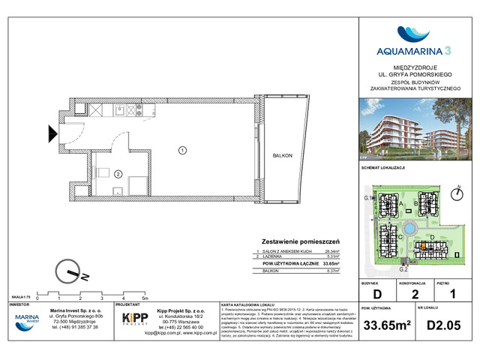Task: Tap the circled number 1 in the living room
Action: click(x=182, y=150)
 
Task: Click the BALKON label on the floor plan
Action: click(x=283, y=154)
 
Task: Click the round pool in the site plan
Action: click(x=409, y=229)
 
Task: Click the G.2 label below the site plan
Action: click(x=402, y=268)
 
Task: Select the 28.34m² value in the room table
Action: click(x=331, y=253)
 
